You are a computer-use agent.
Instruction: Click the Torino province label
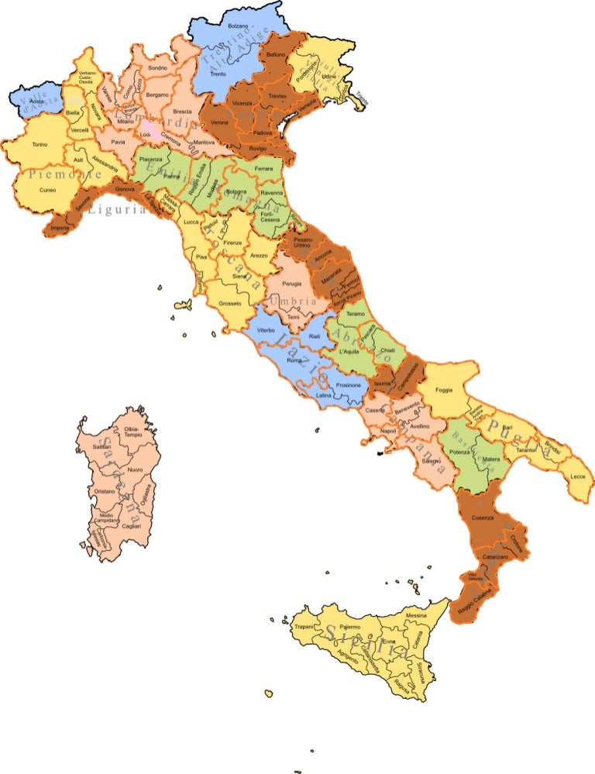40,144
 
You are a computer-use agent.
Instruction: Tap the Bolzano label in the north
237,26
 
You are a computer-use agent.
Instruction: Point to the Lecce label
578,476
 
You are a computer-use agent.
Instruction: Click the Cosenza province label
483,518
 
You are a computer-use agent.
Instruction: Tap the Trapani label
304,626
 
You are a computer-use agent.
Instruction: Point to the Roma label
294,360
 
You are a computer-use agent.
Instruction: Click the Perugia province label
292,284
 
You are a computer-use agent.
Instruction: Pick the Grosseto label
230,303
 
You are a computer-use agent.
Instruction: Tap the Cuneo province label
47,189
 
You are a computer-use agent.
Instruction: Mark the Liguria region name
116,209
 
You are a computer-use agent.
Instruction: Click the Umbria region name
294,301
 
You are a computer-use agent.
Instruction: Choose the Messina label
416,616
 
